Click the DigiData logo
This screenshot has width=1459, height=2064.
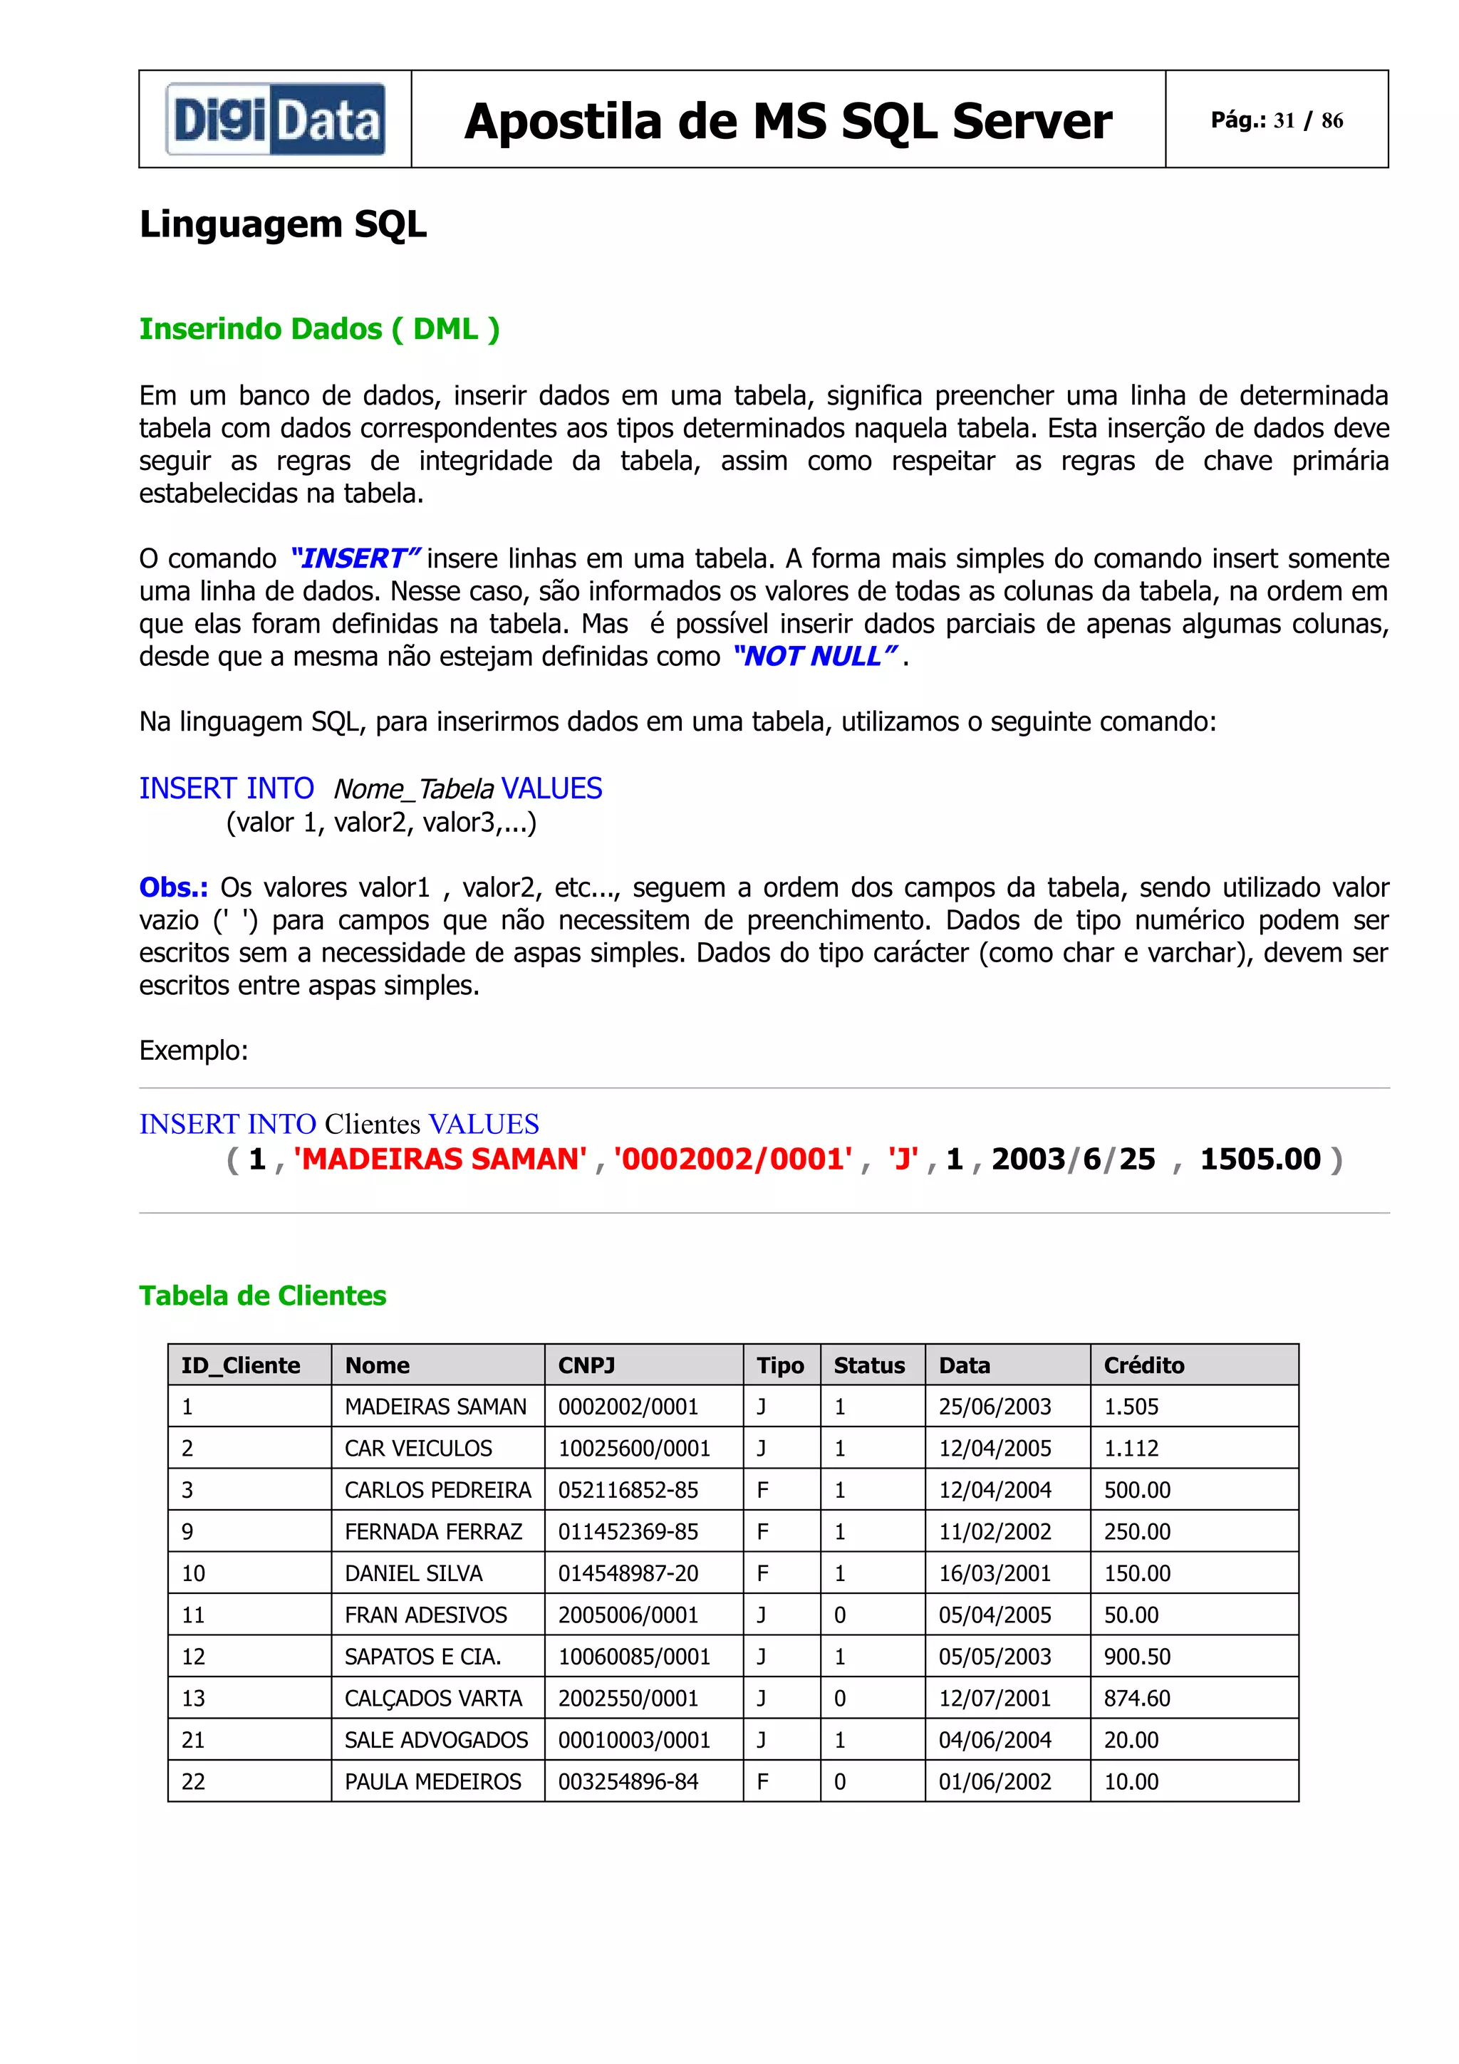(275, 120)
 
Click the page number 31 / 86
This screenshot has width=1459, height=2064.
(1276, 120)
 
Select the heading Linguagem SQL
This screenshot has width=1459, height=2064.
(282, 224)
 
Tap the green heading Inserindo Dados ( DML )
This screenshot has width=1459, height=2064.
(319, 329)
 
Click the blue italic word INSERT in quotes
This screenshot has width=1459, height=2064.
(354, 558)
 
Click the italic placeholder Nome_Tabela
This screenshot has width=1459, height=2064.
(413, 789)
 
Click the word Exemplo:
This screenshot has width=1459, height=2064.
(193, 1050)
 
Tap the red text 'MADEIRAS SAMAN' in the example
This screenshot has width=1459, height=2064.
(440, 1159)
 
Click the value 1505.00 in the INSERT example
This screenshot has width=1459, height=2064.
(1260, 1159)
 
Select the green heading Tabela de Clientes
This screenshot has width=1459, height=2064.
(262, 1296)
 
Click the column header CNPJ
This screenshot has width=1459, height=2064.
(586, 1365)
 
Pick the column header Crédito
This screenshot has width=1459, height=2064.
(1143, 1365)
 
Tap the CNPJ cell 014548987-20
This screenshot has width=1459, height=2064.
(628, 1573)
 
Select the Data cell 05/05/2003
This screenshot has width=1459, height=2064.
(995, 1656)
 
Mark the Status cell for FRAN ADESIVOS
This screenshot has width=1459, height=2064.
(840, 1615)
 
